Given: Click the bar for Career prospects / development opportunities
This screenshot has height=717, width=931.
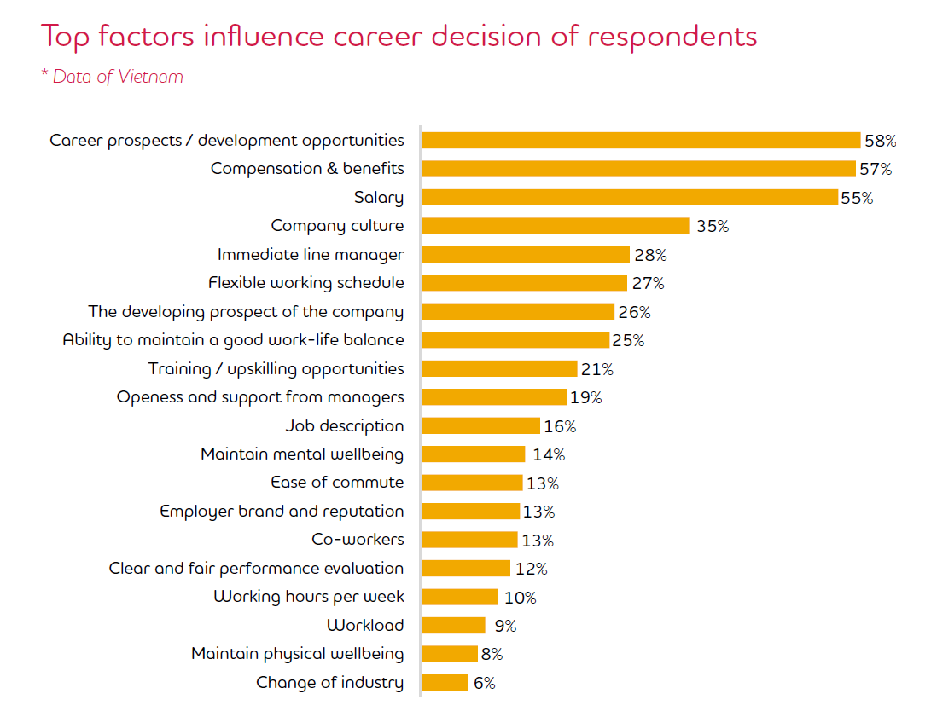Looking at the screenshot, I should pos(641,141).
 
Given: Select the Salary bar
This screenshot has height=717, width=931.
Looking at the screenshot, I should pos(630,198).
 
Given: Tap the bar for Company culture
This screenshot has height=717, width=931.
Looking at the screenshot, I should pos(556,226).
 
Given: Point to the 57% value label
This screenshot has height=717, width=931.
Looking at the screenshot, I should pos(876,169).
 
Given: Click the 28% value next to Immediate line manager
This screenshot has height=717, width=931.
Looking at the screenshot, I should pos(650,255).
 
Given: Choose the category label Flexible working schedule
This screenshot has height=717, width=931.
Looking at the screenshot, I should pos(306,282).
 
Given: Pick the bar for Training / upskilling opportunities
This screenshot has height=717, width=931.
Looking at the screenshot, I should pos(499,368).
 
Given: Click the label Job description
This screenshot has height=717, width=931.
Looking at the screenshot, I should pos(345,425).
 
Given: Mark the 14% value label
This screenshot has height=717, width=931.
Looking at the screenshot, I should pos(548,454).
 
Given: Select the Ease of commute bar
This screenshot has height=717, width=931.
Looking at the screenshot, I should pos(472,483).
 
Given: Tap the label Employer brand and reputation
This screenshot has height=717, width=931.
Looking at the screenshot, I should pos(282,511).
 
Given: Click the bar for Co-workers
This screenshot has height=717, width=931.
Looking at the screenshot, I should pos(469,540).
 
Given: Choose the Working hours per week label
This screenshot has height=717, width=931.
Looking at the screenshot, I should pos(309,597).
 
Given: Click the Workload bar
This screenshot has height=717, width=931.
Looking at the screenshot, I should pos(453,626).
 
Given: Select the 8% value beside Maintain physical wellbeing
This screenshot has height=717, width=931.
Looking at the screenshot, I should pos(492,655).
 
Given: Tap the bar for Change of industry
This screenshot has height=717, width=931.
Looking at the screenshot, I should pos(445,683).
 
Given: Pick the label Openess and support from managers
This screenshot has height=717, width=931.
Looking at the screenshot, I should pos(260,397).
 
